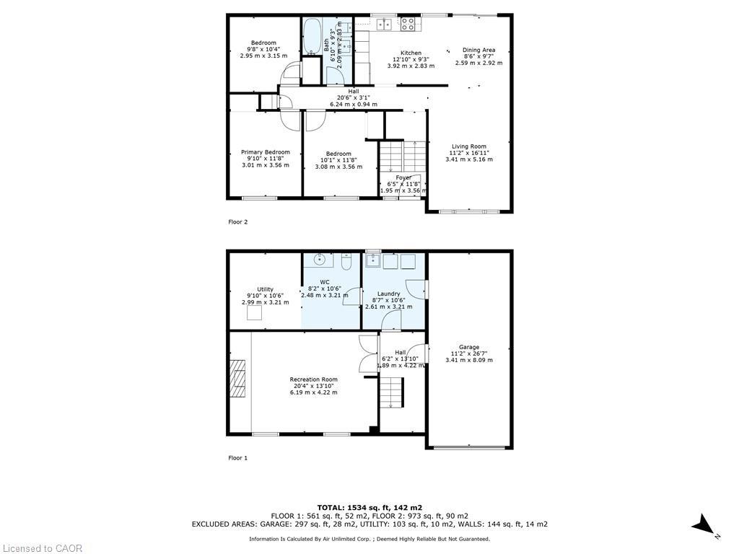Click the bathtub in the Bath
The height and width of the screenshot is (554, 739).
[312, 36]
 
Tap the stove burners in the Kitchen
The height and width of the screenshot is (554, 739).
[408, 25]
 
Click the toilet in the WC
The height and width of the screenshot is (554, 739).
[346, 262]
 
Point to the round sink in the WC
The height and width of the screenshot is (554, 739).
[318, 260]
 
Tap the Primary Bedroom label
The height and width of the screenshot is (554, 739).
[265, 152]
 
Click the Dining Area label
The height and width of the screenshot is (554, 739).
[478, 50]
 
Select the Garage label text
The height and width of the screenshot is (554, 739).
[468, 347]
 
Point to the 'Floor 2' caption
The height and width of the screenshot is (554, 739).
[237, 222]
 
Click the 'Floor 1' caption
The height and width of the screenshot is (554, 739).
[237, 458]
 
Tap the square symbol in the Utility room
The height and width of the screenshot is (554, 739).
[255, 313]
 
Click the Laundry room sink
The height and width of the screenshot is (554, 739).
[372, 260]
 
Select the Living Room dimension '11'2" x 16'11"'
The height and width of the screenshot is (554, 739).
[468, 153]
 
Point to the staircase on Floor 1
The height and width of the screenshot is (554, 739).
[391, 393]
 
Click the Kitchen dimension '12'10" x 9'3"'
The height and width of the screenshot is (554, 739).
[411, 59]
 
